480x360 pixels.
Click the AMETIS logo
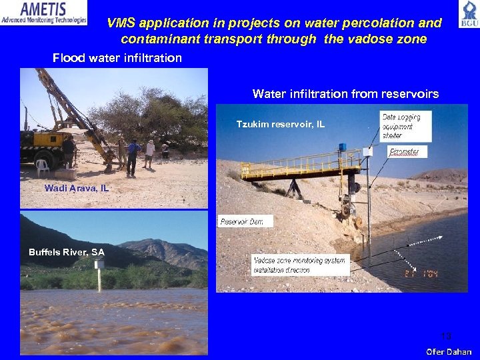(x=44, y=13)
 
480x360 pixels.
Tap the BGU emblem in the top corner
(x=468, y=14)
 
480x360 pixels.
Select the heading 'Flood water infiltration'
(x=117, y=58)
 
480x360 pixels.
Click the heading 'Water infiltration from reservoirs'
(x=345, y=94)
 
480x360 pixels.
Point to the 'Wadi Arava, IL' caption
(x=76, y=189)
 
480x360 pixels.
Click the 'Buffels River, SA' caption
(x=67, y=252)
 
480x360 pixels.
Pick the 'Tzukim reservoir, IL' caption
(x=281, y=124)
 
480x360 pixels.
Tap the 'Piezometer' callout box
(x=404, y=152)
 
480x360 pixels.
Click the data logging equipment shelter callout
(x=405, y=126)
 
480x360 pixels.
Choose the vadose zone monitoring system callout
(x=300, y=265)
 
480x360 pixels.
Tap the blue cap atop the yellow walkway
(x=342, y=146)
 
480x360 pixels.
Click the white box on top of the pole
(x=367, y=152)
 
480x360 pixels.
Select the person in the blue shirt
(x=134, y=155)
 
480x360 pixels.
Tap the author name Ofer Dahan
(x=449, y=351)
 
